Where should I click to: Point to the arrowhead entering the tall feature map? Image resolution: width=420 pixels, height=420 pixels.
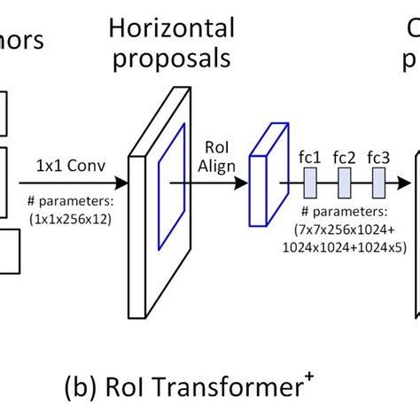pyautogui.click(x=124, y=185)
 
